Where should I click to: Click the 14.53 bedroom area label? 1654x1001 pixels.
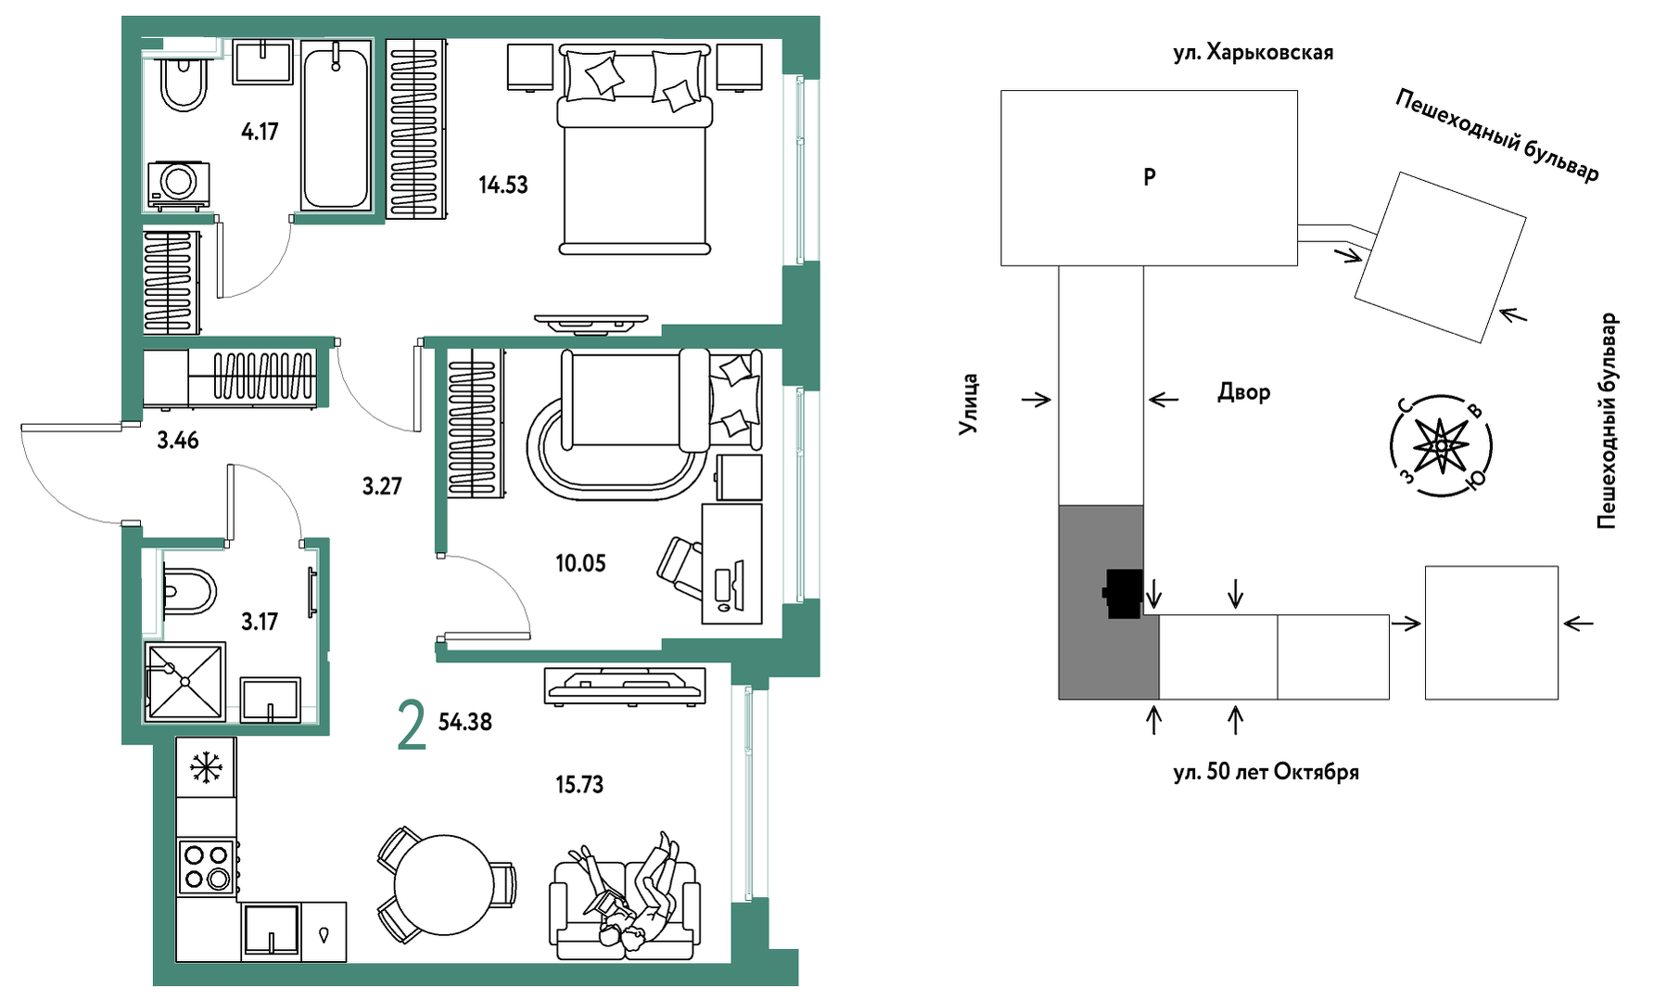click(x=503, y=185)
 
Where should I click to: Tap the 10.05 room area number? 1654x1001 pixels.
click(x=580, y=563)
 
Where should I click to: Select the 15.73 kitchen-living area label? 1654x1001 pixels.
click(x=579, y=785)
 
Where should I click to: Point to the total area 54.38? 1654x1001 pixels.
click(x=464, y=722)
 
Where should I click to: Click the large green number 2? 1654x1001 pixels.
click(x=412, y=725)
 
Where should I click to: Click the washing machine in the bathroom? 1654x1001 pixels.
click(x=178, y=184)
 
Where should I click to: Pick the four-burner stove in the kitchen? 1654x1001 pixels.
click(x=208, y=866)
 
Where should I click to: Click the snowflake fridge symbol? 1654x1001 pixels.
click(x=206, y=767)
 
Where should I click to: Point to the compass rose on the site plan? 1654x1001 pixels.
click(x=1442, y=446)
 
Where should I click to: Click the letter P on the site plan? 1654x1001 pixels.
click(x=1150, y=176)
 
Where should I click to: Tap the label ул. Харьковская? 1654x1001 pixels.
click(x=1253, y=53)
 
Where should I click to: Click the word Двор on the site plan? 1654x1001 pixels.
click(x=1243, y=392)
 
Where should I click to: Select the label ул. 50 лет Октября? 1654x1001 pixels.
click(x=1266, y=772)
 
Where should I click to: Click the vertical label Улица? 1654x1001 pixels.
click(x=969, y=404)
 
